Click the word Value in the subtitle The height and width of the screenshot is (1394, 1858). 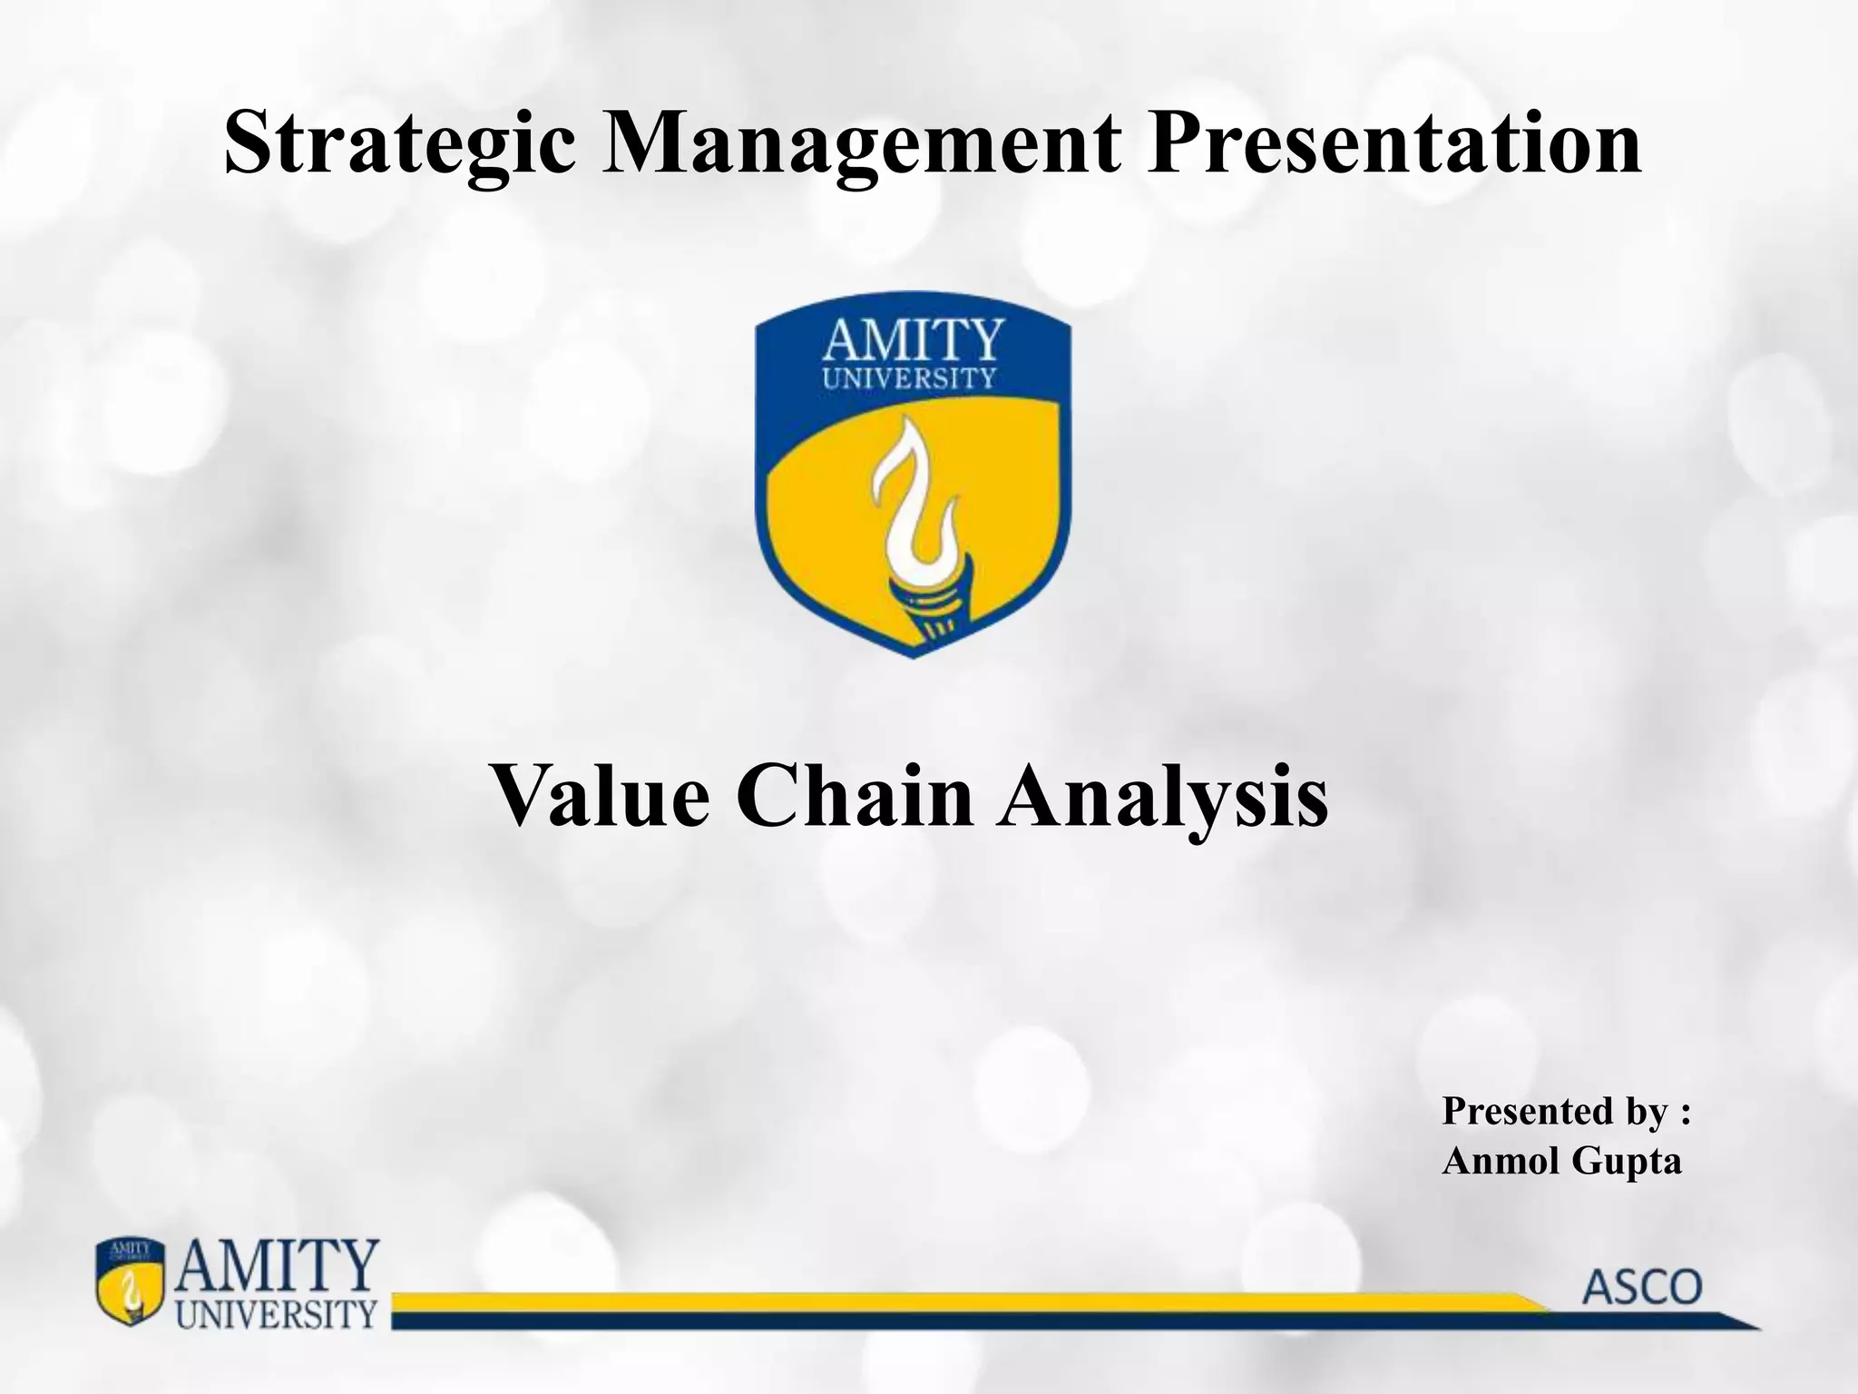click(x=600, y=796)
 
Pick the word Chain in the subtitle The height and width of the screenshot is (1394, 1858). click(x=854, y=796)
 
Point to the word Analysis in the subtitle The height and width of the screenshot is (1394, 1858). click(x=1162, y=796)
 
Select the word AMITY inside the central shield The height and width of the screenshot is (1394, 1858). click(x=913, y=342)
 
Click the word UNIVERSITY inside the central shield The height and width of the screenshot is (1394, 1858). click(x=909, y=378)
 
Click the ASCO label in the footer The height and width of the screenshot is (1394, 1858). click(x=1642, y=1288)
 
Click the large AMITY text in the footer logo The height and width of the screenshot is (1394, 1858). click(x=278, y=1267)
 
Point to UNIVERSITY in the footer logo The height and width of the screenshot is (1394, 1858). click(x=276, y=1313)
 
